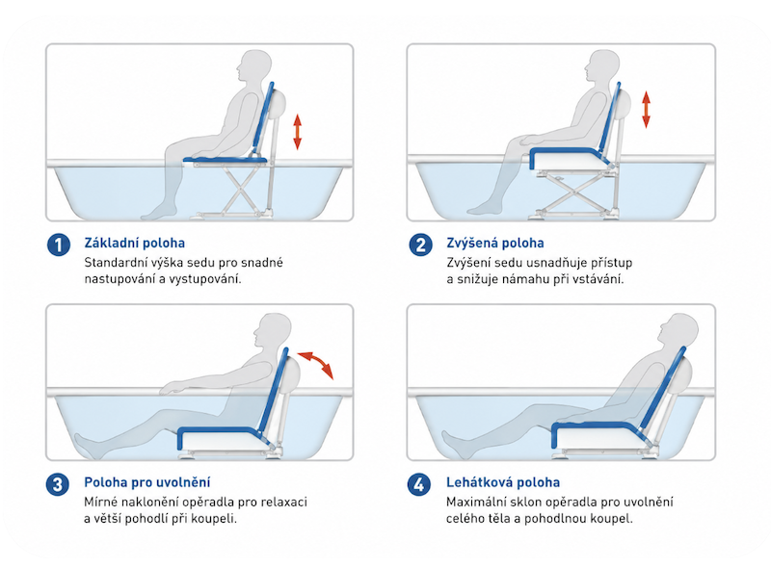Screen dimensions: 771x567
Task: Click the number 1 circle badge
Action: tap(59, 245)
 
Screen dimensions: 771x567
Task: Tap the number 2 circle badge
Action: tap(420, 245)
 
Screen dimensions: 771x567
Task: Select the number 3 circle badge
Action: tap(58, 484)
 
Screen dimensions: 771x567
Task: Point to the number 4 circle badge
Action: tap(419, 484)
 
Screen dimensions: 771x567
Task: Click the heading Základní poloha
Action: tap(135, 243)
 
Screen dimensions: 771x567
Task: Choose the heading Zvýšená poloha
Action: tap(495, 243)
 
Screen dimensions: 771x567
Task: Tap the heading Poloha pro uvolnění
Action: tap(147, 482)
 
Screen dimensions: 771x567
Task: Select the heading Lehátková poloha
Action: tap(503, 482)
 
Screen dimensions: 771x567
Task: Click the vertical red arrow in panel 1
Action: tap(297, 131)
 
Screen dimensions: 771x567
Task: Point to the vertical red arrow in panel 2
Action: tap(646, 109)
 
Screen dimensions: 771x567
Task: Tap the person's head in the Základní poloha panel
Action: tap(254, 65)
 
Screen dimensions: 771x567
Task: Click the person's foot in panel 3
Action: tap(83, 446)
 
